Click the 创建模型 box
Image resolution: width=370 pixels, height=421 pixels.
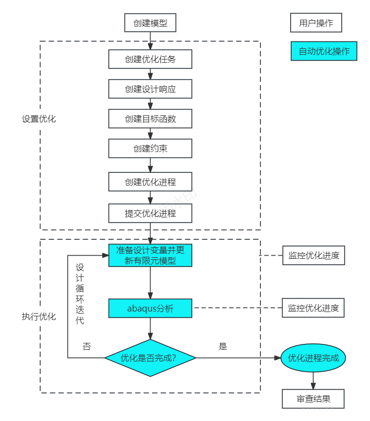pos(150,23)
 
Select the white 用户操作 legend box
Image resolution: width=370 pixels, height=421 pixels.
pos(316,23)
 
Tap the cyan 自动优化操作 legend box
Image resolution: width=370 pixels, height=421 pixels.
pos(324,51)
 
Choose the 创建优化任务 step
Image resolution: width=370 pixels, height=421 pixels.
pos(150,59)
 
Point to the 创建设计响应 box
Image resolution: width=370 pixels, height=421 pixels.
pos(150,89)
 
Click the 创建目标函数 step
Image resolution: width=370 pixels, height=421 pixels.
pos(150,119)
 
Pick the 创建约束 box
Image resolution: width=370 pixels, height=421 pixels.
pos(150,148)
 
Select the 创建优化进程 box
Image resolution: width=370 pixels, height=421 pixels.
pos(150,182)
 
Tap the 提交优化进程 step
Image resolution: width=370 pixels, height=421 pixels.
pos(150,213)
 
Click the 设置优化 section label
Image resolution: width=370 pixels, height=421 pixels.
pos(39,119)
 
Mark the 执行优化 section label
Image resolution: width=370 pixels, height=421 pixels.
pos(39,317)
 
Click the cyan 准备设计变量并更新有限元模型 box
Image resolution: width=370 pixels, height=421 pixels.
pos(150,255)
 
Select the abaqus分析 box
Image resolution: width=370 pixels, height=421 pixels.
pos(150,308)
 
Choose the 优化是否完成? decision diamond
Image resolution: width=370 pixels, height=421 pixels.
pos(150,358)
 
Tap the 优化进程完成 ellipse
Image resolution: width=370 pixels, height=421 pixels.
pos(313,358)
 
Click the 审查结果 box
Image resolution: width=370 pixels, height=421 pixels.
pos(313,399)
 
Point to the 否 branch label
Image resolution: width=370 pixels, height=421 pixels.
pos(87,347)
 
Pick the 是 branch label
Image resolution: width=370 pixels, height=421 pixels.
pos(223,347)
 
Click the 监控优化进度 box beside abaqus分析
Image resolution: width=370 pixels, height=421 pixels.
pos(313,308)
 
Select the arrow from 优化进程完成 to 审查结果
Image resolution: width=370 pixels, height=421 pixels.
pos(313,381)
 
